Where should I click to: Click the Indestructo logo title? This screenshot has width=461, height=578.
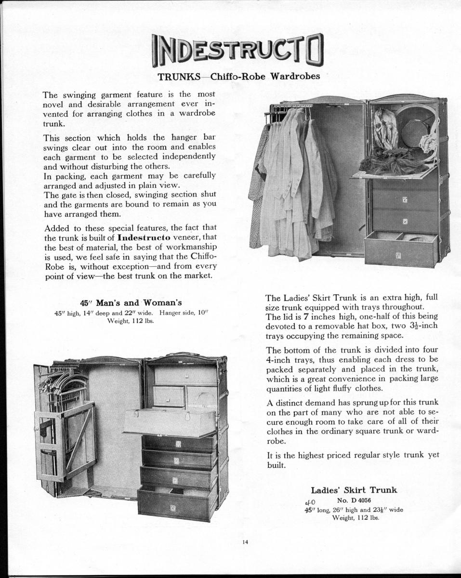tap(237, 50)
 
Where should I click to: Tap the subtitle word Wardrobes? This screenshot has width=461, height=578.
tap(295, 76)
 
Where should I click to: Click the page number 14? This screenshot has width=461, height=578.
tap(245, 542)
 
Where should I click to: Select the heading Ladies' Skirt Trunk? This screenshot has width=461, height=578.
tap(354, 490)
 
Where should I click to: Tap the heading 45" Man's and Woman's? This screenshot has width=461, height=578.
tap(131, 302)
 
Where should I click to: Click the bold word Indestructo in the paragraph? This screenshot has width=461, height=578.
tap(146, 238)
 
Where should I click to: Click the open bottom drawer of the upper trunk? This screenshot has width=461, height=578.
tap(401, 250)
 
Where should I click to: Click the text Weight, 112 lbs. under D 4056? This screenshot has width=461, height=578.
tap(356, 518)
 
